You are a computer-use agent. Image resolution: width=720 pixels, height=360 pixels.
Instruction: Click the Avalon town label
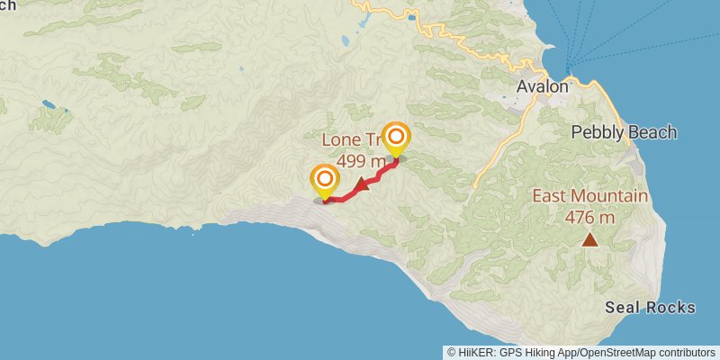click(x=543, y=87)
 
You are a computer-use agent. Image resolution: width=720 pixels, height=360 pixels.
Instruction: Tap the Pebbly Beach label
click(x=624, y=132)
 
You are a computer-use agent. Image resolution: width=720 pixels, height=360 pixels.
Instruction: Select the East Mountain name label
click(x=589, y=196)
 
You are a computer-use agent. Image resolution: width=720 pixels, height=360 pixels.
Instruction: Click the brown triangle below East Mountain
click(x=589, y=239)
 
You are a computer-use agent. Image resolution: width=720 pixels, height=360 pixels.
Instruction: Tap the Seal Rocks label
click(x=650, y=308)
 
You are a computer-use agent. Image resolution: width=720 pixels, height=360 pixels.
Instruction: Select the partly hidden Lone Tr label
click(x=351, y=141)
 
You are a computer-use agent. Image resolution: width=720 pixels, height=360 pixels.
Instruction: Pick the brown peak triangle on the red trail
click(x=362, y=185)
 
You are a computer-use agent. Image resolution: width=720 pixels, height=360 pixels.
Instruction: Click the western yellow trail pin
click(x=324, y=181)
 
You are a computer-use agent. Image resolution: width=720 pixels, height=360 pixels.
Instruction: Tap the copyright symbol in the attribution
click(x=451, y=352)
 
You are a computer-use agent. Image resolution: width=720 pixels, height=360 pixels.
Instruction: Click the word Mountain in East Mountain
click(x=608, y=196)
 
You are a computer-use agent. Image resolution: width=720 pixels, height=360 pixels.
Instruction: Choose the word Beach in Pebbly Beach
click(x=651, y=132)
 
